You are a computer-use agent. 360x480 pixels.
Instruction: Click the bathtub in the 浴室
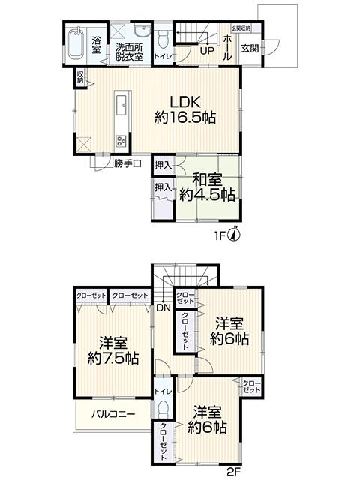click(x=76, y=43)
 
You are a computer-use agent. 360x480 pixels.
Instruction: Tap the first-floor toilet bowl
click(x=163, y=40)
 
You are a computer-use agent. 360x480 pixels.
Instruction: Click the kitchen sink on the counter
click(x=122, y=105)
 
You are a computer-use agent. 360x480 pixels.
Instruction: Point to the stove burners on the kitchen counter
click(x=121, y=141)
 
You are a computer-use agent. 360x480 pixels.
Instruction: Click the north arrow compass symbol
click(x=235, y=234)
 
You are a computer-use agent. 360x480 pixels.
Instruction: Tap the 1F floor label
click(x=220, y=235)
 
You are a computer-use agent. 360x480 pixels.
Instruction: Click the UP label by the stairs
click(x=207, y=51)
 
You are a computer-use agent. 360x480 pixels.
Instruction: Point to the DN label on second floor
click(x=163, y=307)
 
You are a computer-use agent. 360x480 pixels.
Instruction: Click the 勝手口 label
click(x=127, y=163)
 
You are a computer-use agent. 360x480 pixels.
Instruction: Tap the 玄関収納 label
click(x=241, y=28)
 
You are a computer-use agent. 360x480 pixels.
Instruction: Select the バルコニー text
click(x=113, y=415)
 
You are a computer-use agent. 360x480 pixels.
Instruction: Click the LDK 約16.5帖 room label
click(x=185, y=109)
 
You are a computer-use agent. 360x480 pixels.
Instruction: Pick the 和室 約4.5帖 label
click(x=207, y=187)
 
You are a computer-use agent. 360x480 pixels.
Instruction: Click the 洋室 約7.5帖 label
click(x=113, y=350)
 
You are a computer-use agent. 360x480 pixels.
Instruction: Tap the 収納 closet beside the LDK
click(x=80, y=77)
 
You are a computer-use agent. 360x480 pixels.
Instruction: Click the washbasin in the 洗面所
click(x=142, y=31)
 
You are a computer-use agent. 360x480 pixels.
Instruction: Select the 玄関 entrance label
click(x=250, y=49)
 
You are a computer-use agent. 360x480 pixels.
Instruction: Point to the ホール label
click(x=227, y=48)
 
